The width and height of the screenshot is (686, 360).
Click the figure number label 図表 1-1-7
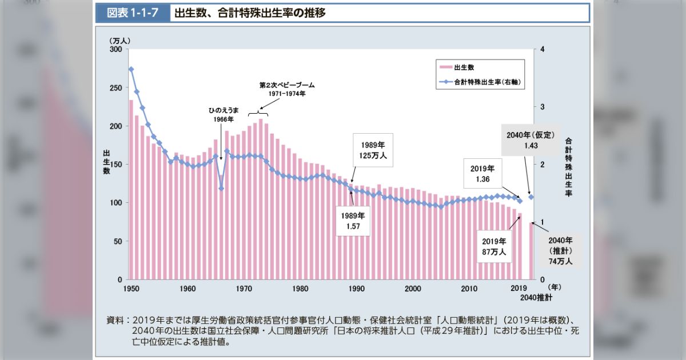[x=132, y=13]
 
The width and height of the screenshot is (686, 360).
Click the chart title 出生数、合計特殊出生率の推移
[x=250, y=13]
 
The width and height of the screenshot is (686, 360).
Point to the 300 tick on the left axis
[x=116, y=50]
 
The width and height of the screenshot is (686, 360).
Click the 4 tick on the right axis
[x=542, y=50]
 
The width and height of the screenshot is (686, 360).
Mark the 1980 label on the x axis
[x=300, y=288]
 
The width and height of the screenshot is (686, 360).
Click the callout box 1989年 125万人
[x=372, y=150]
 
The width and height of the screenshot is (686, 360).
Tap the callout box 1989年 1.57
[x=353, y=221]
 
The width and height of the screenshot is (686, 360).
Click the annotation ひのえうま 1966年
[x=221, y=114]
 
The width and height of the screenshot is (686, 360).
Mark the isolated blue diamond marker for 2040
[x=531, y=197]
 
